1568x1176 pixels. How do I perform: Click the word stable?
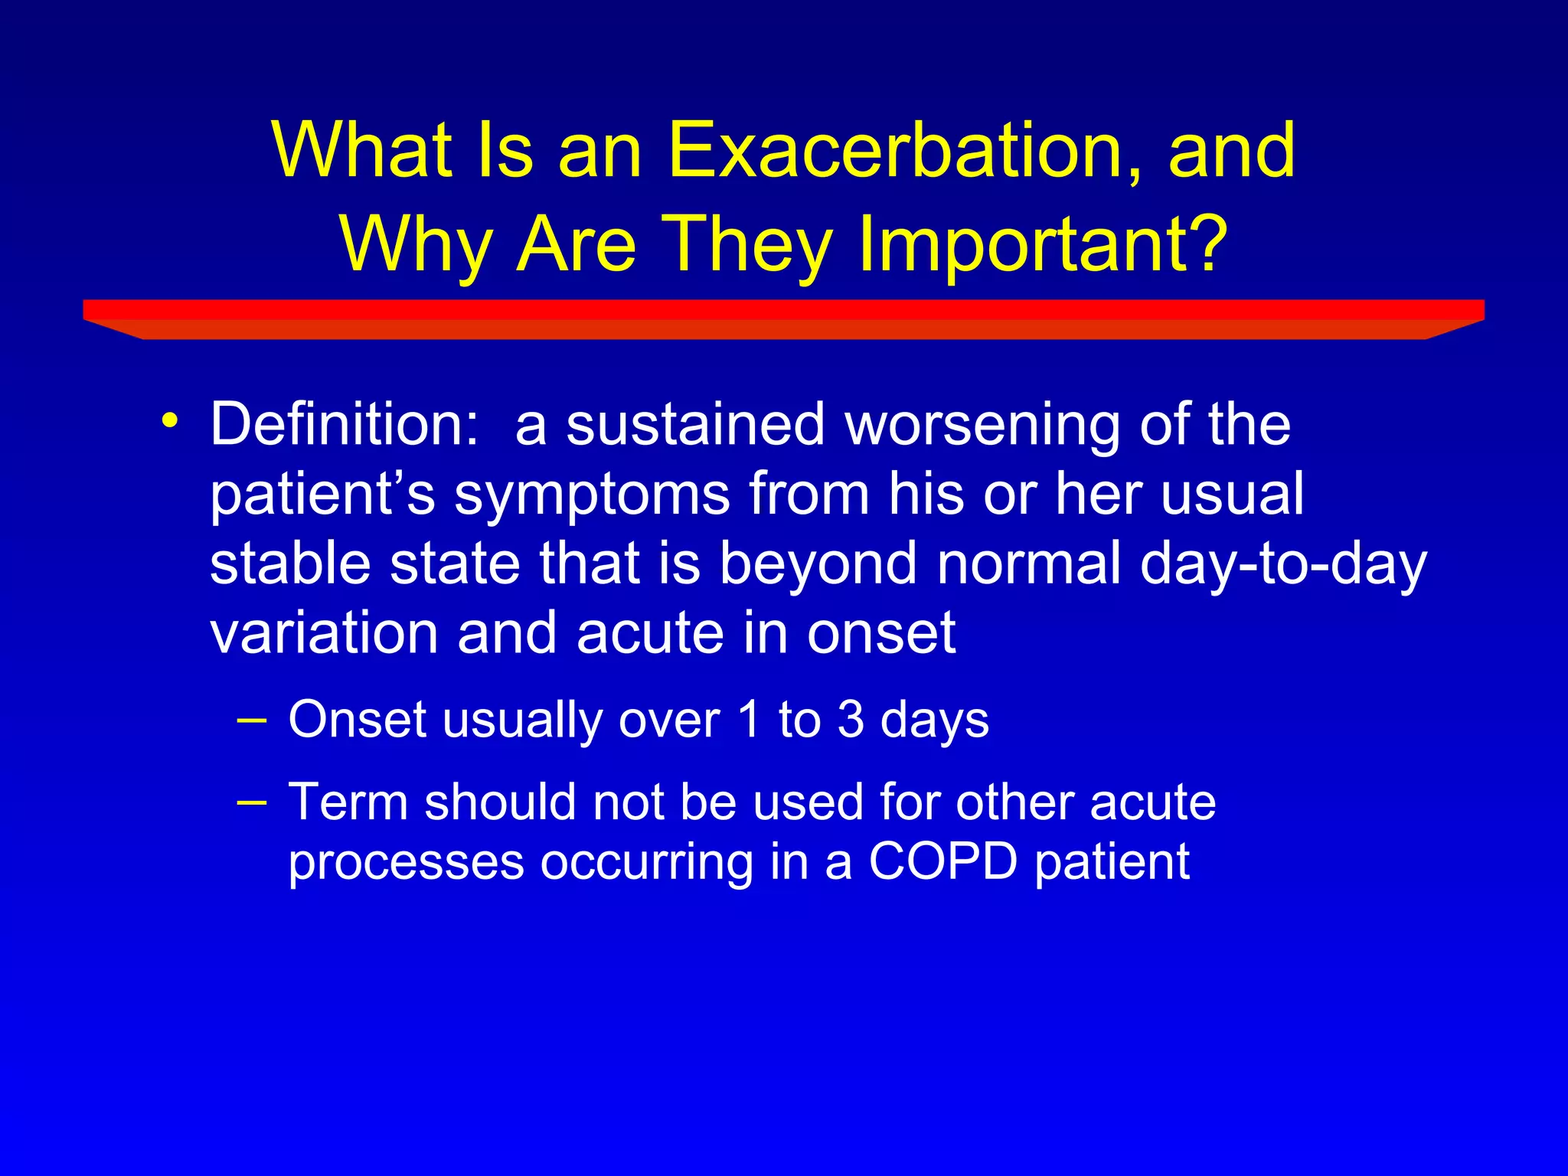(x=289, y=563)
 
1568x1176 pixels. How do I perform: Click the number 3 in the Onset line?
(x=851, y=719)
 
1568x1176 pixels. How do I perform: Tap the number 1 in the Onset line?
(x=749, y=719)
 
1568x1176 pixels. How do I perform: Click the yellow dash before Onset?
(x=252, y=720)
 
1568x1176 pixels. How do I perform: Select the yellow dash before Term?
(x=252, y=802)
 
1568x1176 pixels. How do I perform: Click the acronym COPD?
(x=942, y=861)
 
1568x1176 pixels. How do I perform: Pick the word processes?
(x=406, y=864)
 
